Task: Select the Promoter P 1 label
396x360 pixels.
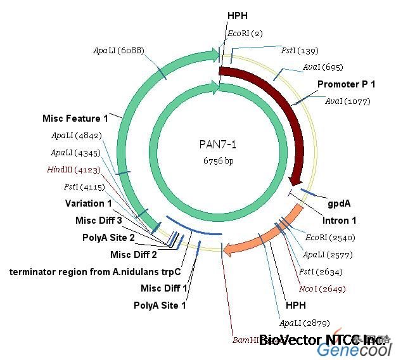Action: (x=346, y=84)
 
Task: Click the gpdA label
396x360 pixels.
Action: (x=339, y=203)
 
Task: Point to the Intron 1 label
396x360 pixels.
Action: (x=339, y=221)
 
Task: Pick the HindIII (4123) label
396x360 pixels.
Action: (x=69, y=169)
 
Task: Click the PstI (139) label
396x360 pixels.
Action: (x=300, y=51)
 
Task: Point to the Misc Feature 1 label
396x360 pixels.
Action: (x=75, y=119)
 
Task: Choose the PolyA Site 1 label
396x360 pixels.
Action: (x=160, y=305)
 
